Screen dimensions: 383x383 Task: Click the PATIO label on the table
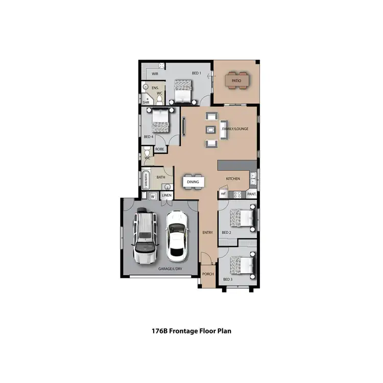236,81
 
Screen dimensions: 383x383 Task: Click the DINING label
193,181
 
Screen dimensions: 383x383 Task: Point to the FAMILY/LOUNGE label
235,129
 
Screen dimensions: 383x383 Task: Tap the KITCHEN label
233,179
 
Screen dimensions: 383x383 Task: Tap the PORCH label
208,274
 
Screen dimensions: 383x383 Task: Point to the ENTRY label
207,233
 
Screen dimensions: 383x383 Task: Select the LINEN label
166,196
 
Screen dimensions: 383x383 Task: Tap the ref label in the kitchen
223,194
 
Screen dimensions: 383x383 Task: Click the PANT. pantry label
251,195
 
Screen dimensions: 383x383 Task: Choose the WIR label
155,74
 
